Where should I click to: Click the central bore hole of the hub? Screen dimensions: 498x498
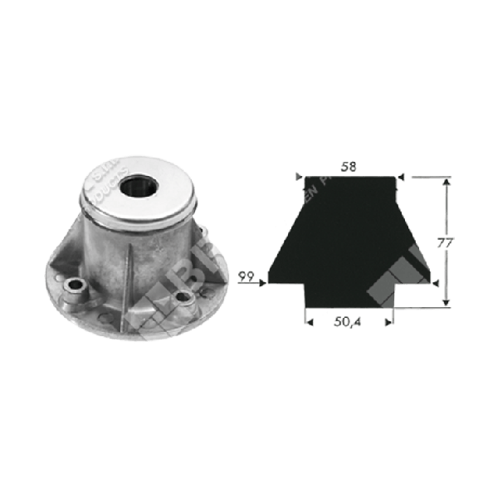point(137,185)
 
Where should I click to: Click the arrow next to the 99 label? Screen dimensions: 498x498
point(260,283)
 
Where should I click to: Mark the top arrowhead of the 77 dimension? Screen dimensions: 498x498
point(448,181)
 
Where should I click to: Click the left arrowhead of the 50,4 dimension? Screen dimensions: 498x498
point(307,318)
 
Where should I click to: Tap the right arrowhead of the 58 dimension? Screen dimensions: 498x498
point(399,176)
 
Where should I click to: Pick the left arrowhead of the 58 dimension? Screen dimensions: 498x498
point(299,176)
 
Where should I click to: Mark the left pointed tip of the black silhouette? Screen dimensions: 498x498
point(271,282)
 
